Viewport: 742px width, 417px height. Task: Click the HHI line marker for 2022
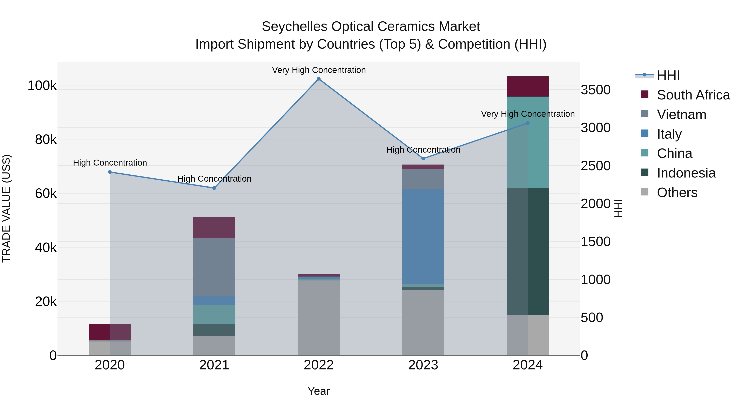pyautogui.click(x=319, y=79)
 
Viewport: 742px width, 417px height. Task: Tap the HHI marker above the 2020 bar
pyautogui.click(x=110, y=172)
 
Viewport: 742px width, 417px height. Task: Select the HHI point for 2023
pyautogui.click(x=423, y=159)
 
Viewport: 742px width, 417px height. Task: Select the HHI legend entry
pyautogui.click(x=668, y=75)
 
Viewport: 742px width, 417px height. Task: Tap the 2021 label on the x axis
pyautogui.click(x=214, y=365)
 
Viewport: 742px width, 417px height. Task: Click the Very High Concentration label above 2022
pyautogui.click(x=319, y=70)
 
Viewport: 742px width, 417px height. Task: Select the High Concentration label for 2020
pyautogui.click(x=110, y=163)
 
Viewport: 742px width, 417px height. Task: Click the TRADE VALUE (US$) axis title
pyautogui.click(x=6, y=208)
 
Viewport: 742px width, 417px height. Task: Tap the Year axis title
pyautogui.click(x=319, y=391)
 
